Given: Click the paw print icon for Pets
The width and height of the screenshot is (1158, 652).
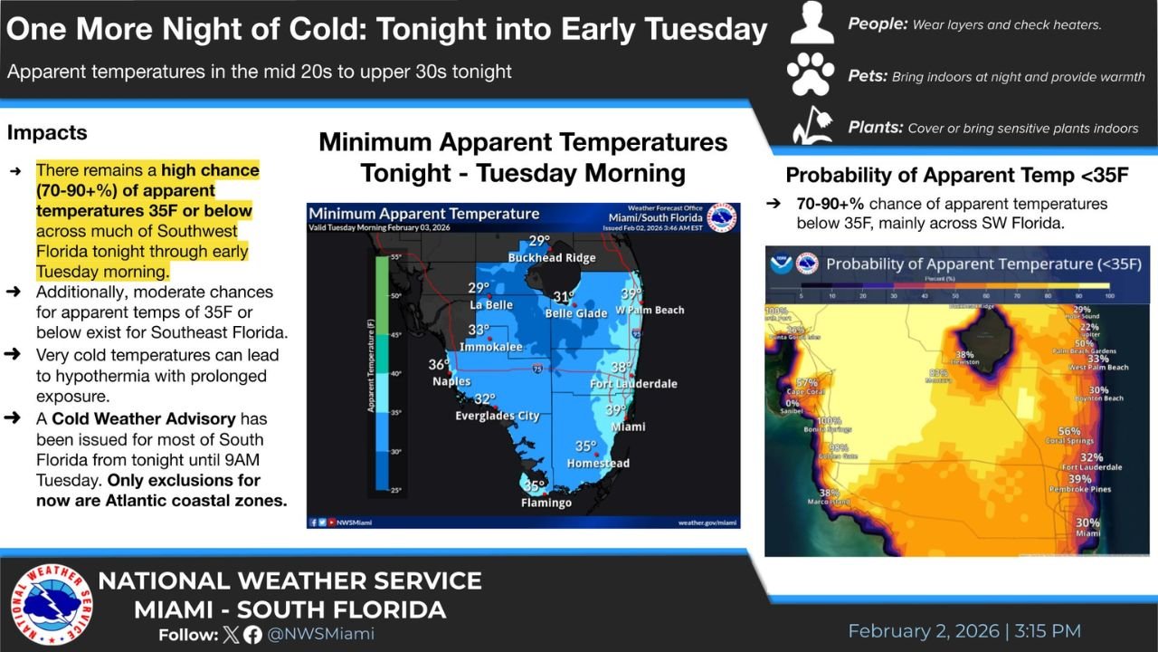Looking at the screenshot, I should tap(811, 74).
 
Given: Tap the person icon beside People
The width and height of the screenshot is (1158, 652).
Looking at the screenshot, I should tap(812, 24).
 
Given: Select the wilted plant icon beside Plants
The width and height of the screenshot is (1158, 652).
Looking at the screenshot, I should tap(811, 125).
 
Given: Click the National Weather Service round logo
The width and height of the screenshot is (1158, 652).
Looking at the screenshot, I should tap(52, 605).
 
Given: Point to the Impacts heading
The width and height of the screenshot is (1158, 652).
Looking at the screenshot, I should tap(47, 132).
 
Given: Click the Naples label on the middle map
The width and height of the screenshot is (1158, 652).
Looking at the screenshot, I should tap(451, 381).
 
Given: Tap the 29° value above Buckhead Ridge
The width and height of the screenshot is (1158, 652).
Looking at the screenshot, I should tap(539, 241).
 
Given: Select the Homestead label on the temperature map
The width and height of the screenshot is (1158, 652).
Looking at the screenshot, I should tap(598, 463).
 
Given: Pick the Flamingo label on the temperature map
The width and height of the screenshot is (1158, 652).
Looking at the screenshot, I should tap(546, 503).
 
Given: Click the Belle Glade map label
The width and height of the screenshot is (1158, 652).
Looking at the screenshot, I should tap(576, 313).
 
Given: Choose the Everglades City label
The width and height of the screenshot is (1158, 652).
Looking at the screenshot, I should tap(497, 416).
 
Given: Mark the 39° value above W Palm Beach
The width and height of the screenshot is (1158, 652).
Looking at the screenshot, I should tap(631, 294).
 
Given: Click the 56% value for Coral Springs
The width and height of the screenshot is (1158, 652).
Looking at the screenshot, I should tap(1069, 431).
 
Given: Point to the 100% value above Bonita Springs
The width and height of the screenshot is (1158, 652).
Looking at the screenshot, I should tap(829, 420).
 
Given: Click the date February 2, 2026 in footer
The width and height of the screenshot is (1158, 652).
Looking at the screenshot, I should tap(924, 631).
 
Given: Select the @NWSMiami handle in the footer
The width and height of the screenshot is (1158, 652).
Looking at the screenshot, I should tap(321, 634).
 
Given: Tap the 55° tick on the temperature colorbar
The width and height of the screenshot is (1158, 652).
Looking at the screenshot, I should tap(395, 258).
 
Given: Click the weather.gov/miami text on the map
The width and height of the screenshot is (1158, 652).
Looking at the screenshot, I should tap(707, 523).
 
